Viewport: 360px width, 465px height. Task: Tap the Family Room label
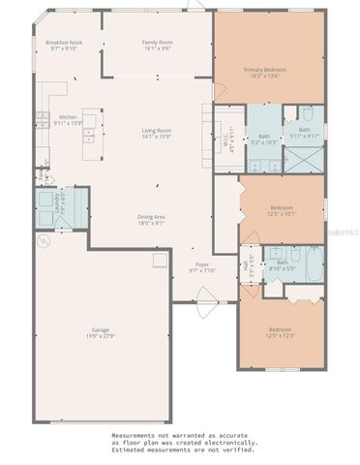157,43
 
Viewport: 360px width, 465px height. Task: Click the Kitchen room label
67,117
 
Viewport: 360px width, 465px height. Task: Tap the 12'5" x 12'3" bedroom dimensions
281,335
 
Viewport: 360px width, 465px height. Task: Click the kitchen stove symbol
42,121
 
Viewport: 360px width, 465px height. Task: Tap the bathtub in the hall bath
313,263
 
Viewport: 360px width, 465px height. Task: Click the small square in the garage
158,262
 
